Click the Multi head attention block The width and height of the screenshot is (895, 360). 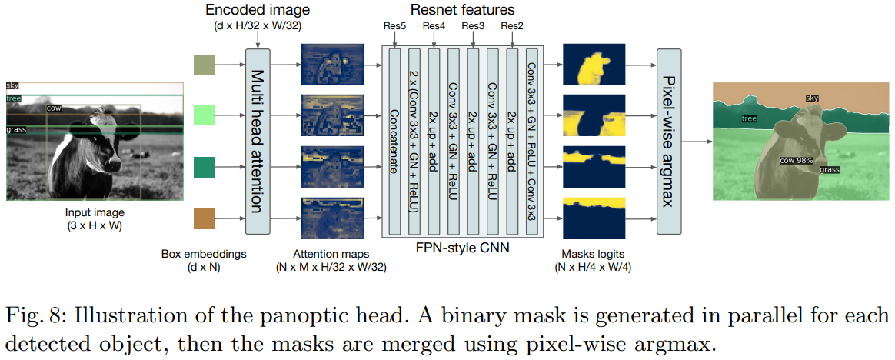point(258,141)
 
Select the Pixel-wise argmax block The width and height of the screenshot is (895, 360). point(670,141)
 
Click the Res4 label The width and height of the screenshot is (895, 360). point(434,27)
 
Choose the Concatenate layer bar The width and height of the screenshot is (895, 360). point(394,141)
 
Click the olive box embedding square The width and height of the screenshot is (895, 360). point(204,65)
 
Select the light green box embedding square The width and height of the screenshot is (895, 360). point(204,115)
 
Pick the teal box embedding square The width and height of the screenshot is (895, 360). point(204,167)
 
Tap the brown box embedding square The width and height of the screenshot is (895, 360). point(204,218)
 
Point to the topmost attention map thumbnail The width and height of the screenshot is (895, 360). point(330,65)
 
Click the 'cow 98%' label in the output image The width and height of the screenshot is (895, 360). point(796,161)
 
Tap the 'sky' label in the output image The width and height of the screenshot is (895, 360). point(813,98)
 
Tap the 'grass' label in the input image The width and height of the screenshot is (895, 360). point(16,129)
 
